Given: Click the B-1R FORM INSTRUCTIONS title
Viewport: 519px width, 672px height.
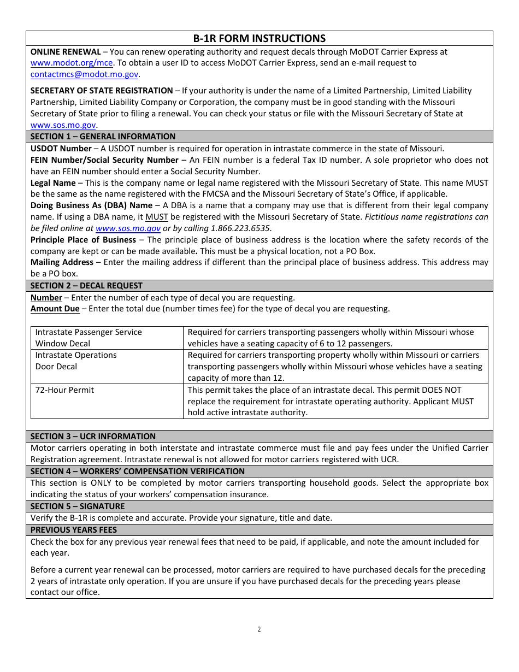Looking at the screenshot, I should (259, 38).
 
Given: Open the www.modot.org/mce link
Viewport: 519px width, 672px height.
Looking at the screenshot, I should (71, 63).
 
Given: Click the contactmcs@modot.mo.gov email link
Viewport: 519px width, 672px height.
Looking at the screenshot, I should (84, 74).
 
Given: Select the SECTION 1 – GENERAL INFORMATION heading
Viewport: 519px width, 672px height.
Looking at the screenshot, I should (103, 137).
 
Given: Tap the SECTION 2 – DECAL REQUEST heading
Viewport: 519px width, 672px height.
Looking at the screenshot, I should (86, 286).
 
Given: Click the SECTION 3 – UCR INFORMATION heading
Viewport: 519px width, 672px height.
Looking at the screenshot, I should (93, 437).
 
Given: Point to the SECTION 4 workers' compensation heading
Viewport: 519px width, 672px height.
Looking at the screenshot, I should (137, 471).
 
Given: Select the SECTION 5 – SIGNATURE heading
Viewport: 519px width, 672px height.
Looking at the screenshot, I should (78, 506).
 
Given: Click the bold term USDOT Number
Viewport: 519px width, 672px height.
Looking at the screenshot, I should (61, 149).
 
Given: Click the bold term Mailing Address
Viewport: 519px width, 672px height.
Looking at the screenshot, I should (62, 262).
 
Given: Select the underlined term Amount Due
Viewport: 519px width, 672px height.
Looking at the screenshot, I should (55, 309).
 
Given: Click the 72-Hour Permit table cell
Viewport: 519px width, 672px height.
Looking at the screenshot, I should (64, 390).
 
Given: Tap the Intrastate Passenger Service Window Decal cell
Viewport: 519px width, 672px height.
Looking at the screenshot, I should (88, 338).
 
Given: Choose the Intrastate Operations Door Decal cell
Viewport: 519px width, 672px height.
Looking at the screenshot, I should (75, 361).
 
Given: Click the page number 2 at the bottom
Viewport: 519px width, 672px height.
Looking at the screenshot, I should (259, 629).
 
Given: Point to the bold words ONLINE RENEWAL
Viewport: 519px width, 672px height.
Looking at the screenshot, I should (66, 52).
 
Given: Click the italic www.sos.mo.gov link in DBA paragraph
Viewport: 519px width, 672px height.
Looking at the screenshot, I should (128, 228).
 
